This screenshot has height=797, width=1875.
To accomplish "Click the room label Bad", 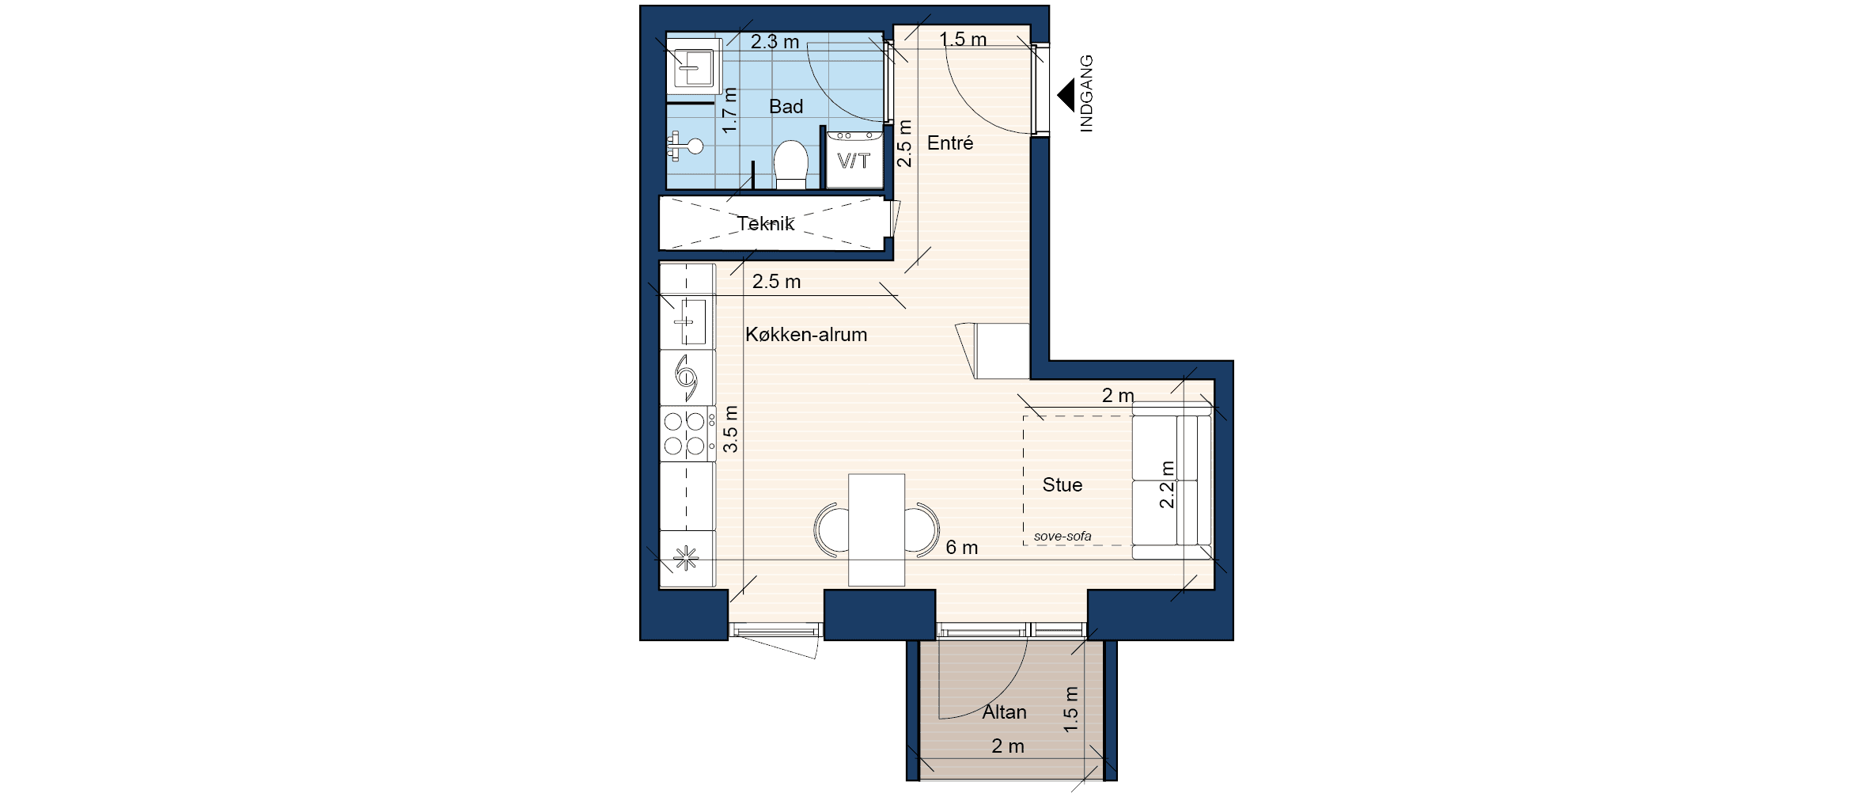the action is pyautogui.click(x=786, y=106).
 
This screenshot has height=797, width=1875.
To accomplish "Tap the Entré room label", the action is pyautogui.click(x=950, y=143).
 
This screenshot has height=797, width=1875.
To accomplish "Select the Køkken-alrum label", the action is pyautogui.click(x=806, y=335).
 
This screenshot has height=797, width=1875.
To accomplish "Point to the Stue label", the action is pyautogui.click(x=1062, y=484).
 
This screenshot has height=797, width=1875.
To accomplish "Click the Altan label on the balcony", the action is pyautogui.click(x=1005, y=712).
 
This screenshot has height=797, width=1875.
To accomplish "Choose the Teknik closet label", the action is pyautogui.click(x=766, y=224).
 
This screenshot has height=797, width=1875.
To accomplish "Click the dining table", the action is pyautogui.click(x=877, y=529).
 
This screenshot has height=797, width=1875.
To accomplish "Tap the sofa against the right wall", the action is pyautogui.click(x=1172, y=480).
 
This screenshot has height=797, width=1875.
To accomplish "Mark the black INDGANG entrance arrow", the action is pyautogui.click(x=1066, y=95).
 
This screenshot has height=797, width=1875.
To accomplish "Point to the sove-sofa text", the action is pyautogui.click(x=1062, y=537).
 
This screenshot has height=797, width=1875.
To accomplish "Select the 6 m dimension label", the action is pyautogui.click(x=962, y=547).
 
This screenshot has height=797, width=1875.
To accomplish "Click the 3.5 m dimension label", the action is pyautogui.click(x=177, y=429).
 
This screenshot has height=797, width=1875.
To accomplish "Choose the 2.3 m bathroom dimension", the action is pyautogui.click(x=775, y=42).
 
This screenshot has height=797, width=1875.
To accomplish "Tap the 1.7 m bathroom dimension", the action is pyautogui.click(x=176, y=110).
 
